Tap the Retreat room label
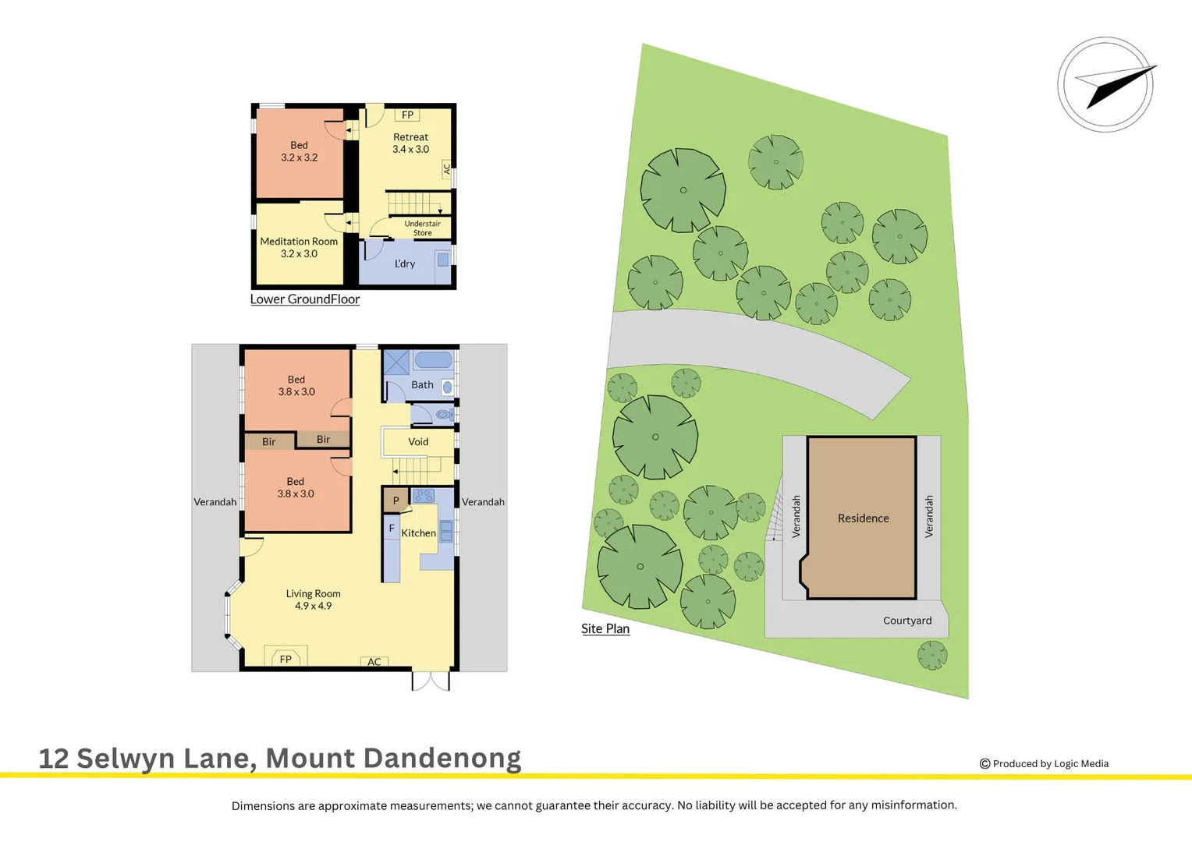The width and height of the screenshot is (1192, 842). (410, 137)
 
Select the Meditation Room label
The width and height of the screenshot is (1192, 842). (299, 242)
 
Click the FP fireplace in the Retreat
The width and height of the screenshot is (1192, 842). (407, 115)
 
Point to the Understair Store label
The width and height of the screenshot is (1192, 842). (422, 228)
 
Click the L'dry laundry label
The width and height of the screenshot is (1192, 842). (405, 264)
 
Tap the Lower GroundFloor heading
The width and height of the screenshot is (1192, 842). (305, 299)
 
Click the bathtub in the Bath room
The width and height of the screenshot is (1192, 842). (432, 360)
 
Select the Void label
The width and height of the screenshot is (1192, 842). (418, 442)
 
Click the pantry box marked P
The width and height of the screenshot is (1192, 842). (396, 501)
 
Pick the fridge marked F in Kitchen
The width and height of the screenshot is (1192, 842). (392, 529)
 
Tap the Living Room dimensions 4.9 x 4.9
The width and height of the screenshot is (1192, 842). (313, 606)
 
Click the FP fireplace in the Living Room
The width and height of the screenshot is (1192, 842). (286, 659)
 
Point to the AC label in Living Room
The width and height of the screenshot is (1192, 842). (374, 662)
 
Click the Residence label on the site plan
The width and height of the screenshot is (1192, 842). (863, 518)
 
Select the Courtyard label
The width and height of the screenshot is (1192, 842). (907, 621)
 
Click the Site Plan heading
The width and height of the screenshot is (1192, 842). (605, 628)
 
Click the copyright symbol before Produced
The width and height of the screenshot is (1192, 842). (984, 764)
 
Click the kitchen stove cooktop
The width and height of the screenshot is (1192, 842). (424, 495)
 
